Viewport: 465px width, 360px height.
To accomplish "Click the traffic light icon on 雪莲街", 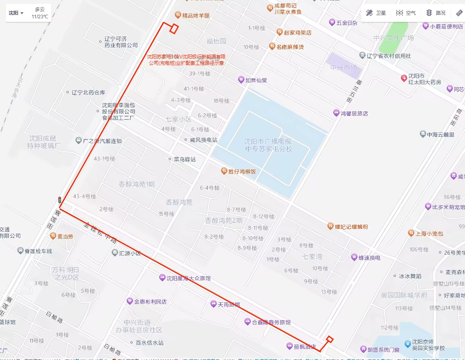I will click(60, 200).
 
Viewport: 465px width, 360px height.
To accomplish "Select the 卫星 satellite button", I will click(376, 13).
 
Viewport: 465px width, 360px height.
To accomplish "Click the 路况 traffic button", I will click(436, 13).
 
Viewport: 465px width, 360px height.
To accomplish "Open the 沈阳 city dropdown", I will click(16, 13).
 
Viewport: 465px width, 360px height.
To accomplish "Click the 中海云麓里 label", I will click(440, 134).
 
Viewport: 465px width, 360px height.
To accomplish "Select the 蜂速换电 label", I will click(369, 257).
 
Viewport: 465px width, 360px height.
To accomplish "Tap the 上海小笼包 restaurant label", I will click(429, 234).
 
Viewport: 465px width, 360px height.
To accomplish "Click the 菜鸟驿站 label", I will click(184, 159).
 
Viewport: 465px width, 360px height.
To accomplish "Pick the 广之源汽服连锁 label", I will click(102, 141).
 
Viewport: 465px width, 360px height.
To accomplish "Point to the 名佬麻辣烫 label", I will click(290, 47).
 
